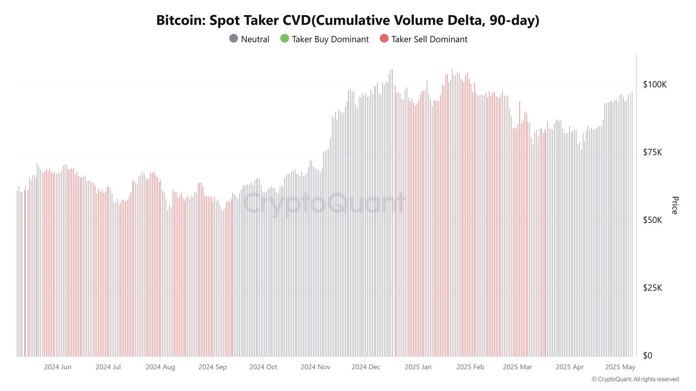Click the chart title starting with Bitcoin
click(348, 20)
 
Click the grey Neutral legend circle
click(234, 39)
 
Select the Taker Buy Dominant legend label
click(330, 40)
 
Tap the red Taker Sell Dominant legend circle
click(384, 39)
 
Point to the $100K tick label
click(655, 85)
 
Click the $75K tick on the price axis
click(652, 152)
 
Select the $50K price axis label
click(652, 220)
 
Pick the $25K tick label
click(652, 288)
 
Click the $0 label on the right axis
click(648, 356)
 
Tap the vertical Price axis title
click(675, 205)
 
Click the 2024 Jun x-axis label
click(58, 367)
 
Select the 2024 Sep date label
click(213, 367)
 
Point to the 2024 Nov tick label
click(315, 367)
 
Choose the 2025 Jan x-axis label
click(418, 367)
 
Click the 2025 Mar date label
click(518, 367)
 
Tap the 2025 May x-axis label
click(620, 367)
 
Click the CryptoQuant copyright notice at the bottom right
click(635, 379)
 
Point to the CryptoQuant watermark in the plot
click(324, 203)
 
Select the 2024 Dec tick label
click(366, 367)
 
